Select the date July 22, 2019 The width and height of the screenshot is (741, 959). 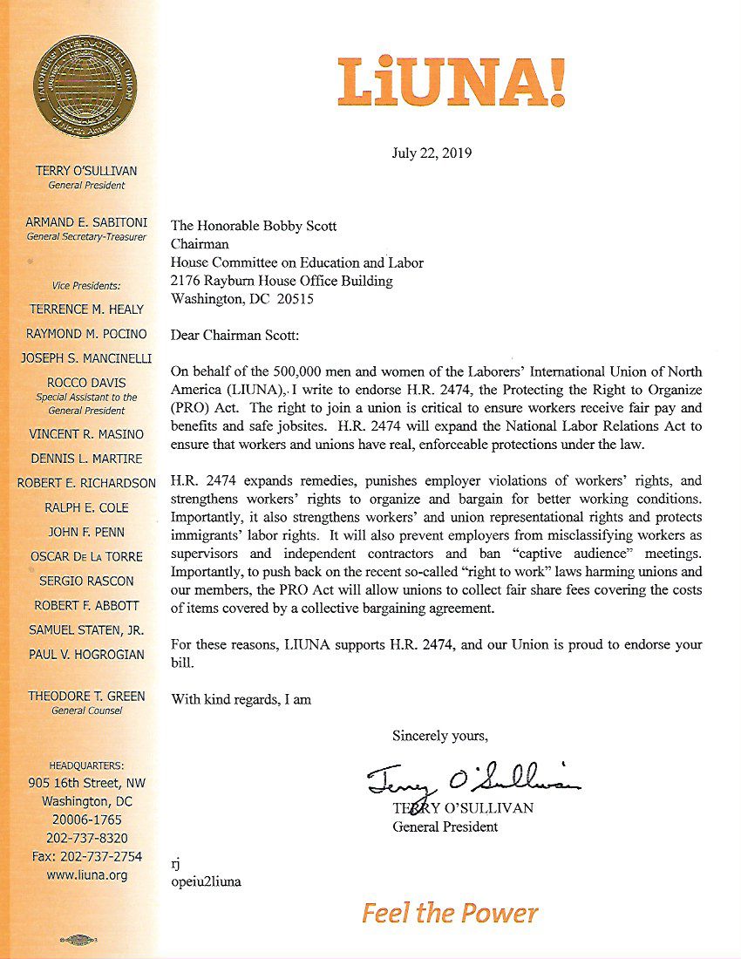[x=432, y=153]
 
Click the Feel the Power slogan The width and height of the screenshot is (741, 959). [x=450, y=914]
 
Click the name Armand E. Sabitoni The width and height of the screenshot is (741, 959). [x=86, y=223]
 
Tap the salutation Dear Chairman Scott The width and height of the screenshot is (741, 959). [x=235, y=335]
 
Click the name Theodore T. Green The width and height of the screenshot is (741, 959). [x=86, y=696]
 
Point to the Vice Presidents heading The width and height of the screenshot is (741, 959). [x=86, y=285]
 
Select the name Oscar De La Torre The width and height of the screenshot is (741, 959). [x=86, y=556]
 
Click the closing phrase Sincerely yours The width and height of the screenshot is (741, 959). [x=440, y=735]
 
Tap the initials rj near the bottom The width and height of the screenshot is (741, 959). [x=176, y=863]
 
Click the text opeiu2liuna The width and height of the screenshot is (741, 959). [x=207, y=881]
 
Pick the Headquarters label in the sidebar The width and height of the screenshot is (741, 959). [x=86, y=765]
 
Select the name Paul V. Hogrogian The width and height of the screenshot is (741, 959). [x=86, y=654]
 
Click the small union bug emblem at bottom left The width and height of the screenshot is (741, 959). [x=79, y=940]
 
